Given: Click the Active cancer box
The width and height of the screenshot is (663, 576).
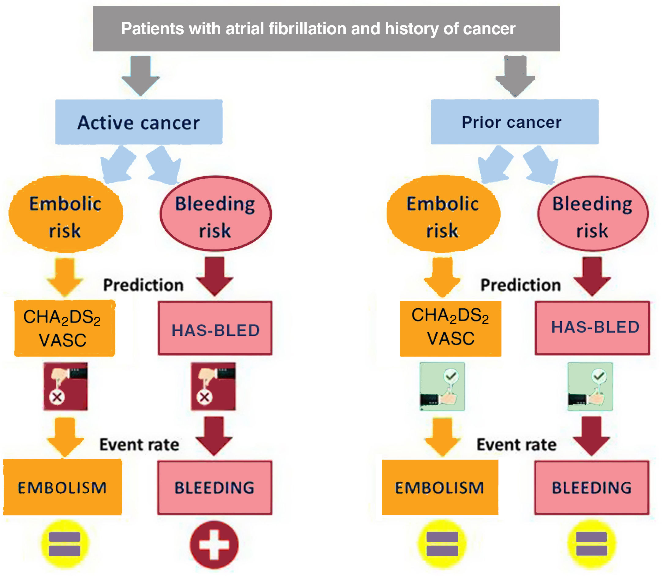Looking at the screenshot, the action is tap(139, 122).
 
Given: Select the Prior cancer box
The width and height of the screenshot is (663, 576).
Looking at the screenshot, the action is tap(515, 122).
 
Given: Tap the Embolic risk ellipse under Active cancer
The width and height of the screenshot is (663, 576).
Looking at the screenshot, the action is tap(65, 214).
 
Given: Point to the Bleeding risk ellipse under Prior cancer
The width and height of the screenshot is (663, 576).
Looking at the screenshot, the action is tap(593, 214).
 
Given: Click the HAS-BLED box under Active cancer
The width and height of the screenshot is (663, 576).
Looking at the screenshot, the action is tap(215, 328).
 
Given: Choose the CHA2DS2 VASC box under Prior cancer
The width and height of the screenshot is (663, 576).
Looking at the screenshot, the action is tap(451, 328).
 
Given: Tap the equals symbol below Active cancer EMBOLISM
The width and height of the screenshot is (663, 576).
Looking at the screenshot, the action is tap(65, 544).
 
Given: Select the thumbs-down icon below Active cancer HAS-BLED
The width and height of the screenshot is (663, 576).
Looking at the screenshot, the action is tap(213, 386).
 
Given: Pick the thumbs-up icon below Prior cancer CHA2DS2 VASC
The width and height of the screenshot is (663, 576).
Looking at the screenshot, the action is tap(442, 386).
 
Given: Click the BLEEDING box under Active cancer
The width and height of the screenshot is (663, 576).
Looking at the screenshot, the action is tap(215, 488).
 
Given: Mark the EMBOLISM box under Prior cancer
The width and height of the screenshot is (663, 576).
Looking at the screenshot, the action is tap(440, 487).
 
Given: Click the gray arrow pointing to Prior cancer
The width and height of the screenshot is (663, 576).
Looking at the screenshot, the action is tap(515, 76).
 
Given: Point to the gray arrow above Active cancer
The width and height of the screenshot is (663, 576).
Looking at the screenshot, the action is tap(140, 76).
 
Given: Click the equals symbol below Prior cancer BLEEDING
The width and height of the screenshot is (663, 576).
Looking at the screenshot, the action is tap(592, 544).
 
